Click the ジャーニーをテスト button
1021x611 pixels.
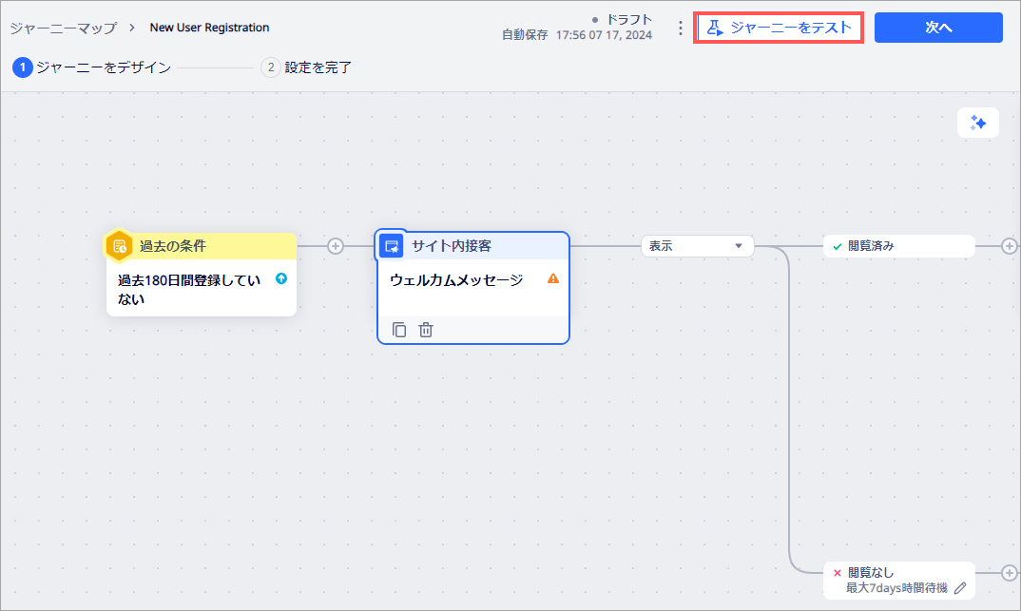[779, 28]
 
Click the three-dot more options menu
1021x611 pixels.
[681, 28]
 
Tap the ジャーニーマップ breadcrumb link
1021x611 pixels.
[63, 28]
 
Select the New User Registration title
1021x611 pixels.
[210, 28]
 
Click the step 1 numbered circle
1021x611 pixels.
[23, 67]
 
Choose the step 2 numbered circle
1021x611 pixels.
[271, 67]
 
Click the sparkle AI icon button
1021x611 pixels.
[978, 123]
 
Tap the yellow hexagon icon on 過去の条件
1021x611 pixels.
[119, 246]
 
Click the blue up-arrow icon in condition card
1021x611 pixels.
[281, 278]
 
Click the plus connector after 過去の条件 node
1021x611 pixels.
[336, 246]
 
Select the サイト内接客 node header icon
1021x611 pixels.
[392, 246]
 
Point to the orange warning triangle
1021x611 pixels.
[553, 278]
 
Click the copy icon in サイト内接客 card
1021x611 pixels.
[399, 330]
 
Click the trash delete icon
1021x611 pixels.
[426, 330]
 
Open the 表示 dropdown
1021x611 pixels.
[698, 246]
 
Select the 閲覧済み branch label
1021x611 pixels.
[871, 246]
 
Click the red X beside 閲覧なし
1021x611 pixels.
[838, 573]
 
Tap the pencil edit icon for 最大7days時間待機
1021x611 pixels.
[960, 588]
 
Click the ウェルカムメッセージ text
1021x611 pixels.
[456, 279]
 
